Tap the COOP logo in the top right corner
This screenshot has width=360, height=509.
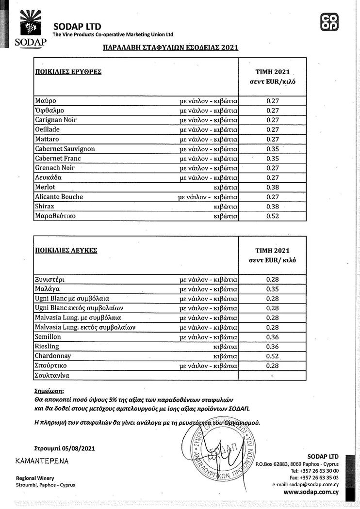[x=330, y=22]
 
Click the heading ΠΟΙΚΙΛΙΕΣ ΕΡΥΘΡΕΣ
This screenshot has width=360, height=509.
[x=68, y=72]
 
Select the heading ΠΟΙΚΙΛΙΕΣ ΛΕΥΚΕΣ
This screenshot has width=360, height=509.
[x=66, y=251]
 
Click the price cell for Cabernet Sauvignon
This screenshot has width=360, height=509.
[x=273, y=149]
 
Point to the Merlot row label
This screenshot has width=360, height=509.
[x=45, y=187]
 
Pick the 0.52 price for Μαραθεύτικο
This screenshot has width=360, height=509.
[x=273, y=216]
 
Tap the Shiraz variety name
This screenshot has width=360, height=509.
[x=44, y=207]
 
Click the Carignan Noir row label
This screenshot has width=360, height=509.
[x=56, y=120]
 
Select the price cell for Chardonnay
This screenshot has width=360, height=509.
[x=273, y=356]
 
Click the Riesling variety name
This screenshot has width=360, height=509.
[x=47, y=347]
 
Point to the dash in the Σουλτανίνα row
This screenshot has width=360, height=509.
[x=272, y=376]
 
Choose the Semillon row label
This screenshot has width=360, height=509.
[x=48, y=337]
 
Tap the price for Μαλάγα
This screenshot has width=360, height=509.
[x=273, y=289]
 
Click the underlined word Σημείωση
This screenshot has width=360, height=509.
[x=49, y=390]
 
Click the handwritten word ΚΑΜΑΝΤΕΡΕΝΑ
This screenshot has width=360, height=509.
[x=42, y=461]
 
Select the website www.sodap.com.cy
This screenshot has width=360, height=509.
[x=311, y=492]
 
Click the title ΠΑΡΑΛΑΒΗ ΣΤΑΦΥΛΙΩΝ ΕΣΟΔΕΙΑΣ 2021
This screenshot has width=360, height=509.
[x=170, y=48]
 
